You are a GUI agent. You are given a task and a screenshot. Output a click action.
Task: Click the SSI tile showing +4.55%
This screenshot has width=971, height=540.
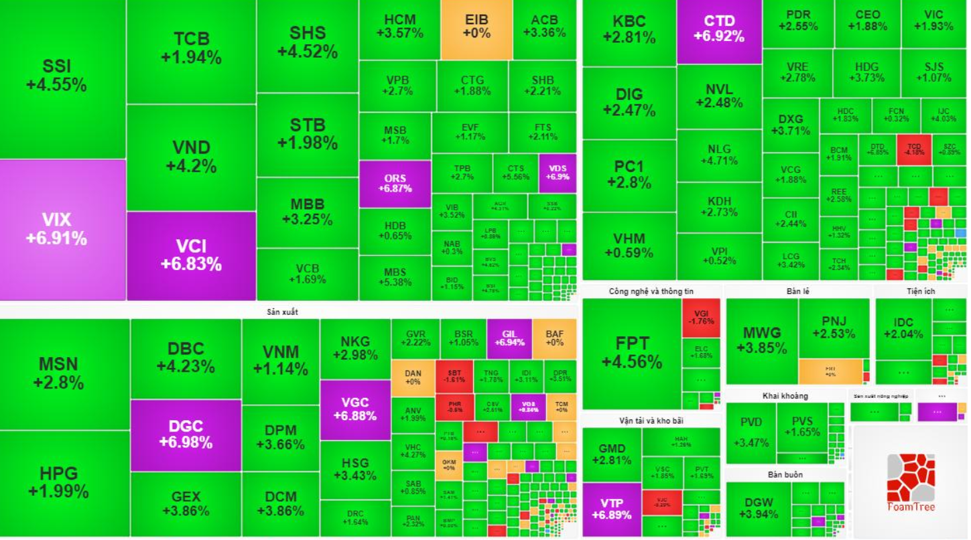tap(56, 76)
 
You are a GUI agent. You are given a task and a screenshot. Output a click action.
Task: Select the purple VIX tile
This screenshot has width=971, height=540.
tap(56, 229)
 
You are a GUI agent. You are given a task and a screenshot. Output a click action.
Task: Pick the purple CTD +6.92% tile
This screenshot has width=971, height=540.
tap(719, 29)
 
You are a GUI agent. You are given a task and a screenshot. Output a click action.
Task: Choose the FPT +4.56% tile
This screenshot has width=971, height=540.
tap(631, 352)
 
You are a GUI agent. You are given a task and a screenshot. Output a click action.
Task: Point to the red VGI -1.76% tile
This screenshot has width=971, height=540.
tap(701, 316)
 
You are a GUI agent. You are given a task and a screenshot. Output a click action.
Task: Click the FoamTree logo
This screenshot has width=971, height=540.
tap(909, 482)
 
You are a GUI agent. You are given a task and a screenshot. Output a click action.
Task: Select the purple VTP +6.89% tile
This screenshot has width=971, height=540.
tap(612, 509)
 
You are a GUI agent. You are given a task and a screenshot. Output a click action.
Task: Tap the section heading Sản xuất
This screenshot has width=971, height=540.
tap(282, 312)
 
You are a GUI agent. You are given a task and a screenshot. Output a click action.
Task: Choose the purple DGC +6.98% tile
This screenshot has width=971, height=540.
tap(186, 434)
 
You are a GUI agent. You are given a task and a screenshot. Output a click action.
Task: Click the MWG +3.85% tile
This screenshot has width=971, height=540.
tap(762, 340)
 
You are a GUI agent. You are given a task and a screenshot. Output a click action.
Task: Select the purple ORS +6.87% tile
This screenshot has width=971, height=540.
tap(395, 183)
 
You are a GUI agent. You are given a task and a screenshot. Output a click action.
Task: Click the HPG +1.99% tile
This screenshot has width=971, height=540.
tap(58, 482)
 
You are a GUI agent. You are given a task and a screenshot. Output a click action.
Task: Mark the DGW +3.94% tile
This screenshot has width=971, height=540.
tap(758, 508)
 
